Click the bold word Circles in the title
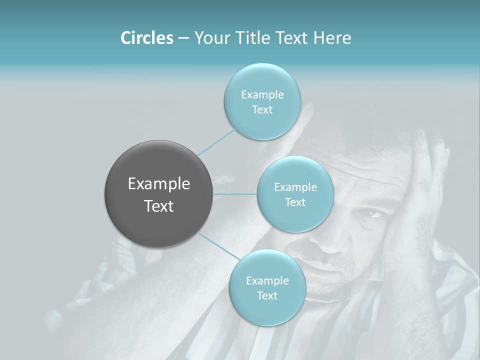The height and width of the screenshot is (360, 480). [146, 38]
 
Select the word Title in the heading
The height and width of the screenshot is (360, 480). [255, 38]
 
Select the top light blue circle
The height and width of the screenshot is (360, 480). [262, 80]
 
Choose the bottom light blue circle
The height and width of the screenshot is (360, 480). [267, 310]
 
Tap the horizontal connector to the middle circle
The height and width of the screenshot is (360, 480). [234, 194]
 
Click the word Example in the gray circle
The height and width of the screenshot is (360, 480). [158, 184]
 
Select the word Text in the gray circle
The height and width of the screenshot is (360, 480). [158, 206]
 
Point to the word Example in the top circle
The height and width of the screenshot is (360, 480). [262, 94]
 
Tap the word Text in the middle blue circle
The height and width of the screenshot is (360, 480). [295, 202]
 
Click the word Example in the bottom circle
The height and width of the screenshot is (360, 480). [267, 280]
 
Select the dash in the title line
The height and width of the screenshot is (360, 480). [183, 38]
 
